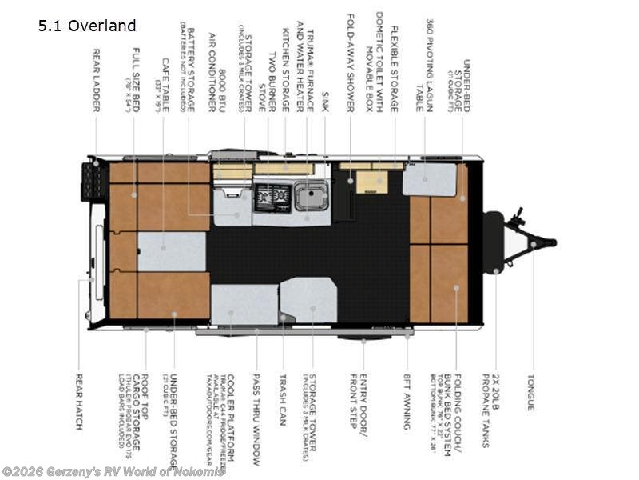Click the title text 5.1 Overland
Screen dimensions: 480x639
pyautogui.click(x=87, y=26)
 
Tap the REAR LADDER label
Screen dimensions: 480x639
pyautogui.click(x=96, y=79)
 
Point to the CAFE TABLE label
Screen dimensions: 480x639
pyautogui.click(x=165, y=84)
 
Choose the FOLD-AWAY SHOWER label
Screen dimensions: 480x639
pyautogui.click(x=350, y=62)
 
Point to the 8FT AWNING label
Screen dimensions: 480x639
pyautogui.click(x=407, y=402)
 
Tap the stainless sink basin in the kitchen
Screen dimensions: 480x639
pyautogui.click(x=310, y=195)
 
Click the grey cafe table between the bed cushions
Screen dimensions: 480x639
pyautogui.click(x=171, y=251)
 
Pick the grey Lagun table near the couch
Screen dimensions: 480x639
pyautogui.click(x=429, y=180)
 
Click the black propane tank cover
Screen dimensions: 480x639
pyautogui.click(x=493, y=242)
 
